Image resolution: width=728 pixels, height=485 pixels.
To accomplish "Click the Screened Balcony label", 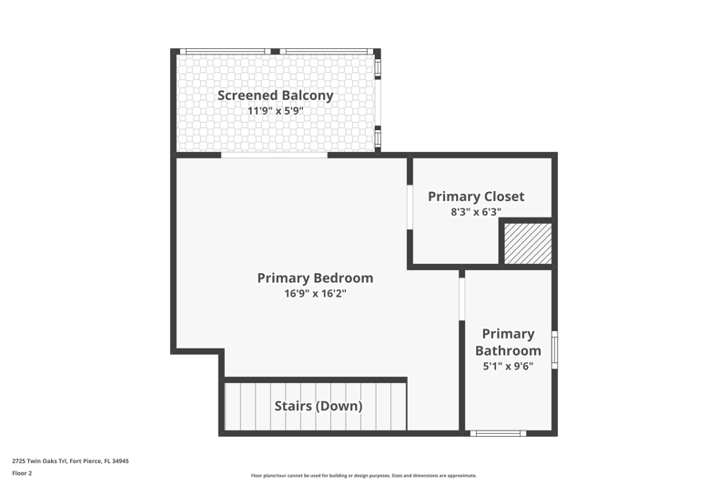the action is [x=276, y=96].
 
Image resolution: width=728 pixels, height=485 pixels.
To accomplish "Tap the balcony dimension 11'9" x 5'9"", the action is [x=276, y=111].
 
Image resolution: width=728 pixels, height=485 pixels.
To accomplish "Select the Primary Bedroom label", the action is [x=315, y=278].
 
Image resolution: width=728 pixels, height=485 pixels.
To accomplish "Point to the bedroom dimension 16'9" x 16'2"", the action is [x=315, y=293].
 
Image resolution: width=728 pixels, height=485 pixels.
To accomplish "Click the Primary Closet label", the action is [x=476, y=197].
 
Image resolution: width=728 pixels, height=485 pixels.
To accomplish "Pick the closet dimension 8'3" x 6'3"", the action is [x=476, y=212].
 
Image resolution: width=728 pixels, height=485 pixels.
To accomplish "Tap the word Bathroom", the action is [x=508, y=350].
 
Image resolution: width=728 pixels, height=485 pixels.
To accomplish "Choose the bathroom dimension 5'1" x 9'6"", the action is [x=508, y=366].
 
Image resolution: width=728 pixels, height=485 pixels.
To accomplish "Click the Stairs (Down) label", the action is [x=318, y=406].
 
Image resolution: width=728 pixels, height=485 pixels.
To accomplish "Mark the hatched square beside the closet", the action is [x=528, y=244].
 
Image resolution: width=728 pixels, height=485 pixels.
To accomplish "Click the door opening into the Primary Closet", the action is [x=410, y=207].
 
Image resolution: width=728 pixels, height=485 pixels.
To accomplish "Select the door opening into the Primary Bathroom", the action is [x=462, y=298].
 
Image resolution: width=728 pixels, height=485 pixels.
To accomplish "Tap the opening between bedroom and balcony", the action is [x=275, y=156].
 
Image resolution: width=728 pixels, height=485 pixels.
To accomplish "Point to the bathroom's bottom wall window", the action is [x=498, y=433].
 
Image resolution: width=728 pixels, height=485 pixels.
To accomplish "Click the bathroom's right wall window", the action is [x=554, y=350].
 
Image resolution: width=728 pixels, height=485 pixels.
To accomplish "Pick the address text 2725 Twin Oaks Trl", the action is [x=39, y=460].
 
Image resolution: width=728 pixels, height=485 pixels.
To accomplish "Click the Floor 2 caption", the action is [x=22, y=473].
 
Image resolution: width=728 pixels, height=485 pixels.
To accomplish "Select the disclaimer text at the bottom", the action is [x=363, y=475].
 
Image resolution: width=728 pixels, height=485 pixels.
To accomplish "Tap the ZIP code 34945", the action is [x=121, y=460].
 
